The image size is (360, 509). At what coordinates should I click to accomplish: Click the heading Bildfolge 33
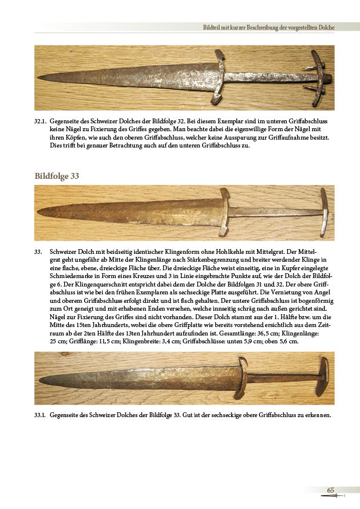click(57, 176)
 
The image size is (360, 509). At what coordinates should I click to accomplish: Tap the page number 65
click(330, 490)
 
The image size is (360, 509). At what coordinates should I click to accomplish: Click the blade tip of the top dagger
click(38, 77)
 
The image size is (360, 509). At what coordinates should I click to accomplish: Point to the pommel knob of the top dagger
click(327, 78)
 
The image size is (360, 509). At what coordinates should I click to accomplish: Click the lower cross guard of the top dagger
click(219, 77)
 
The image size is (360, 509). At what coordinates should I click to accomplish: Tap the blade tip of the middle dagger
click(39, 212)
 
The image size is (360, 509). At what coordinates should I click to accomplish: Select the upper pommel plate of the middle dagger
click(324, 212)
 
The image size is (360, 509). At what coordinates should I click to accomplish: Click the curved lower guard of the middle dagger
click(224, 212)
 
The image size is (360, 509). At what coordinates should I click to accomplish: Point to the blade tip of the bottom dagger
click(41, 379)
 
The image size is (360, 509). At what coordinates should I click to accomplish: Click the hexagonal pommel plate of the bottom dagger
click(322, 377)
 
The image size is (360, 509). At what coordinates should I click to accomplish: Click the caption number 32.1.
click(41, 122)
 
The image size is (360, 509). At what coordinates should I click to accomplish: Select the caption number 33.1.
click(41, 415)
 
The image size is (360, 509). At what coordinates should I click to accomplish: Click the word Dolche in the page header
click(326, 28)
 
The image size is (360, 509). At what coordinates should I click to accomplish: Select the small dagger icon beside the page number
click(333, 496)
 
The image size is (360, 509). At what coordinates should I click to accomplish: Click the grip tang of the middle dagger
click(276, 212)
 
